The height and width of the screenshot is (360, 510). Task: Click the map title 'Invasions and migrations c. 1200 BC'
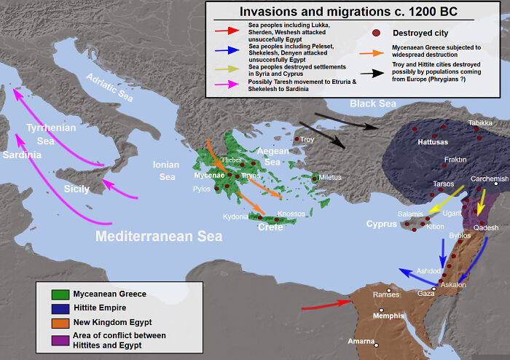point(357,11)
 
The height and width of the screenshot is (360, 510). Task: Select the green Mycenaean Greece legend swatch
point(60,294)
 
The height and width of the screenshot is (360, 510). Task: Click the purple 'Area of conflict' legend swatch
point(60,340)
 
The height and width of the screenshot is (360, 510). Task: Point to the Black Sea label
point(372,104)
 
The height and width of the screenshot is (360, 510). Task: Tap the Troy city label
point(307,138)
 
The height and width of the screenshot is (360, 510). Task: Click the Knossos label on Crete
point(291,214)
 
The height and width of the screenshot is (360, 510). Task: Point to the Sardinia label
point(22,155)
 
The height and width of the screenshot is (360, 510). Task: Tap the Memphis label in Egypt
point(388,316)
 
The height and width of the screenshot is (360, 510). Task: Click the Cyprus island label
point(381,224)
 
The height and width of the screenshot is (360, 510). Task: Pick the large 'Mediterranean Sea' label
point(159,236)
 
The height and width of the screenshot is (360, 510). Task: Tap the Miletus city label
point(329,178)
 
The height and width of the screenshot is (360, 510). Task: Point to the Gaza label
point(425,293)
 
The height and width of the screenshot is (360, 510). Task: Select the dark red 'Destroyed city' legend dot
point(376,33)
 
